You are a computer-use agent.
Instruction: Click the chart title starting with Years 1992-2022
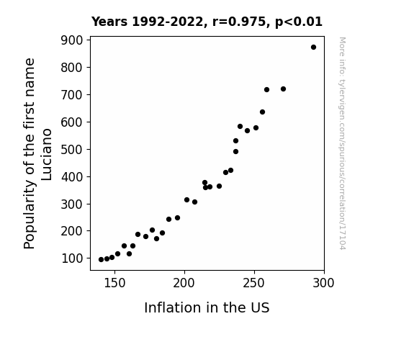[207, 22]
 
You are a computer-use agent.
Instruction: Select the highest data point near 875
[313, 48]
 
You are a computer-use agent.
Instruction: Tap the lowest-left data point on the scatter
[101, 260]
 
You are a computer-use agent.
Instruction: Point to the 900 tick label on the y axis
[72, 40]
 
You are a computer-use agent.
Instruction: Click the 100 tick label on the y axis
[72, 258]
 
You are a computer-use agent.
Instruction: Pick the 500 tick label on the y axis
[72, 150]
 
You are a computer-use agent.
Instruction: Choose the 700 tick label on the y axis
[72, 95]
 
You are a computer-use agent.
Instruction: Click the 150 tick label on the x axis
[114, 283]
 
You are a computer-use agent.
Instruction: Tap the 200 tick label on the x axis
[184, 283]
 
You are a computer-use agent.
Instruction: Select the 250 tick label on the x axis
[253, 283]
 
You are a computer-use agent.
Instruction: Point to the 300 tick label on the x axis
[323, 283]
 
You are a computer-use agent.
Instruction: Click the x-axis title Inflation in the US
[207, 307]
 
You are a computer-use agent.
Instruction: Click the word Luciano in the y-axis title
[47, 155]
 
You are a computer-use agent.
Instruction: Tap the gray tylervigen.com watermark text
[342, 143]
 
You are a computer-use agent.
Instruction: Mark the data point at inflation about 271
[283, 89]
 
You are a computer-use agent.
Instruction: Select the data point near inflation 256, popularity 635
[263, 112]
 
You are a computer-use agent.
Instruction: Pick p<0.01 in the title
[299, 22]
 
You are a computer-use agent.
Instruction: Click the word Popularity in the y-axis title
[29, 214]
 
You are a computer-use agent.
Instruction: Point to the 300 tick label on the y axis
[72, 204]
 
